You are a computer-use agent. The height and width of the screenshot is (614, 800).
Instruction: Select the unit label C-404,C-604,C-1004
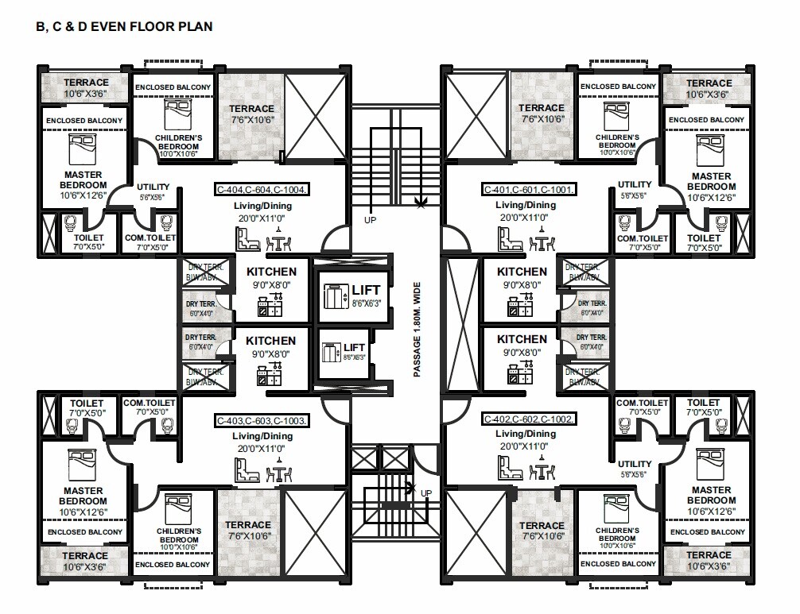tap(262, 190)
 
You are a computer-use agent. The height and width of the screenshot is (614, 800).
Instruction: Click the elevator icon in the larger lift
tap(331, 295)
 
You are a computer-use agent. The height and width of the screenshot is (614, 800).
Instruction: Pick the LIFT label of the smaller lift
tap(354, 348)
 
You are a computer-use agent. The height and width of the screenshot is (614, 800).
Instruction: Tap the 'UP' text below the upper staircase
tap(370, 218)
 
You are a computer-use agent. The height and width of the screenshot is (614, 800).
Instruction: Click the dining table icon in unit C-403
tap(279, 471)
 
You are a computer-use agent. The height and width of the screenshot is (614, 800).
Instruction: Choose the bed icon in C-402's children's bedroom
tap(616, 507)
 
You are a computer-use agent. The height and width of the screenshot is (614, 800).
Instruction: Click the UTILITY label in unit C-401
tap(635, 185)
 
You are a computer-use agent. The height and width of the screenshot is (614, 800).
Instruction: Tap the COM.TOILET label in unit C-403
tap(150, 404)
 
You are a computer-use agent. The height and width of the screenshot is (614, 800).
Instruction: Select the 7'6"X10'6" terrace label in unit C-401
tap(542, 119)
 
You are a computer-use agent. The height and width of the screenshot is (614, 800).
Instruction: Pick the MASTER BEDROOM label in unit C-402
tap(711, 496)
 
